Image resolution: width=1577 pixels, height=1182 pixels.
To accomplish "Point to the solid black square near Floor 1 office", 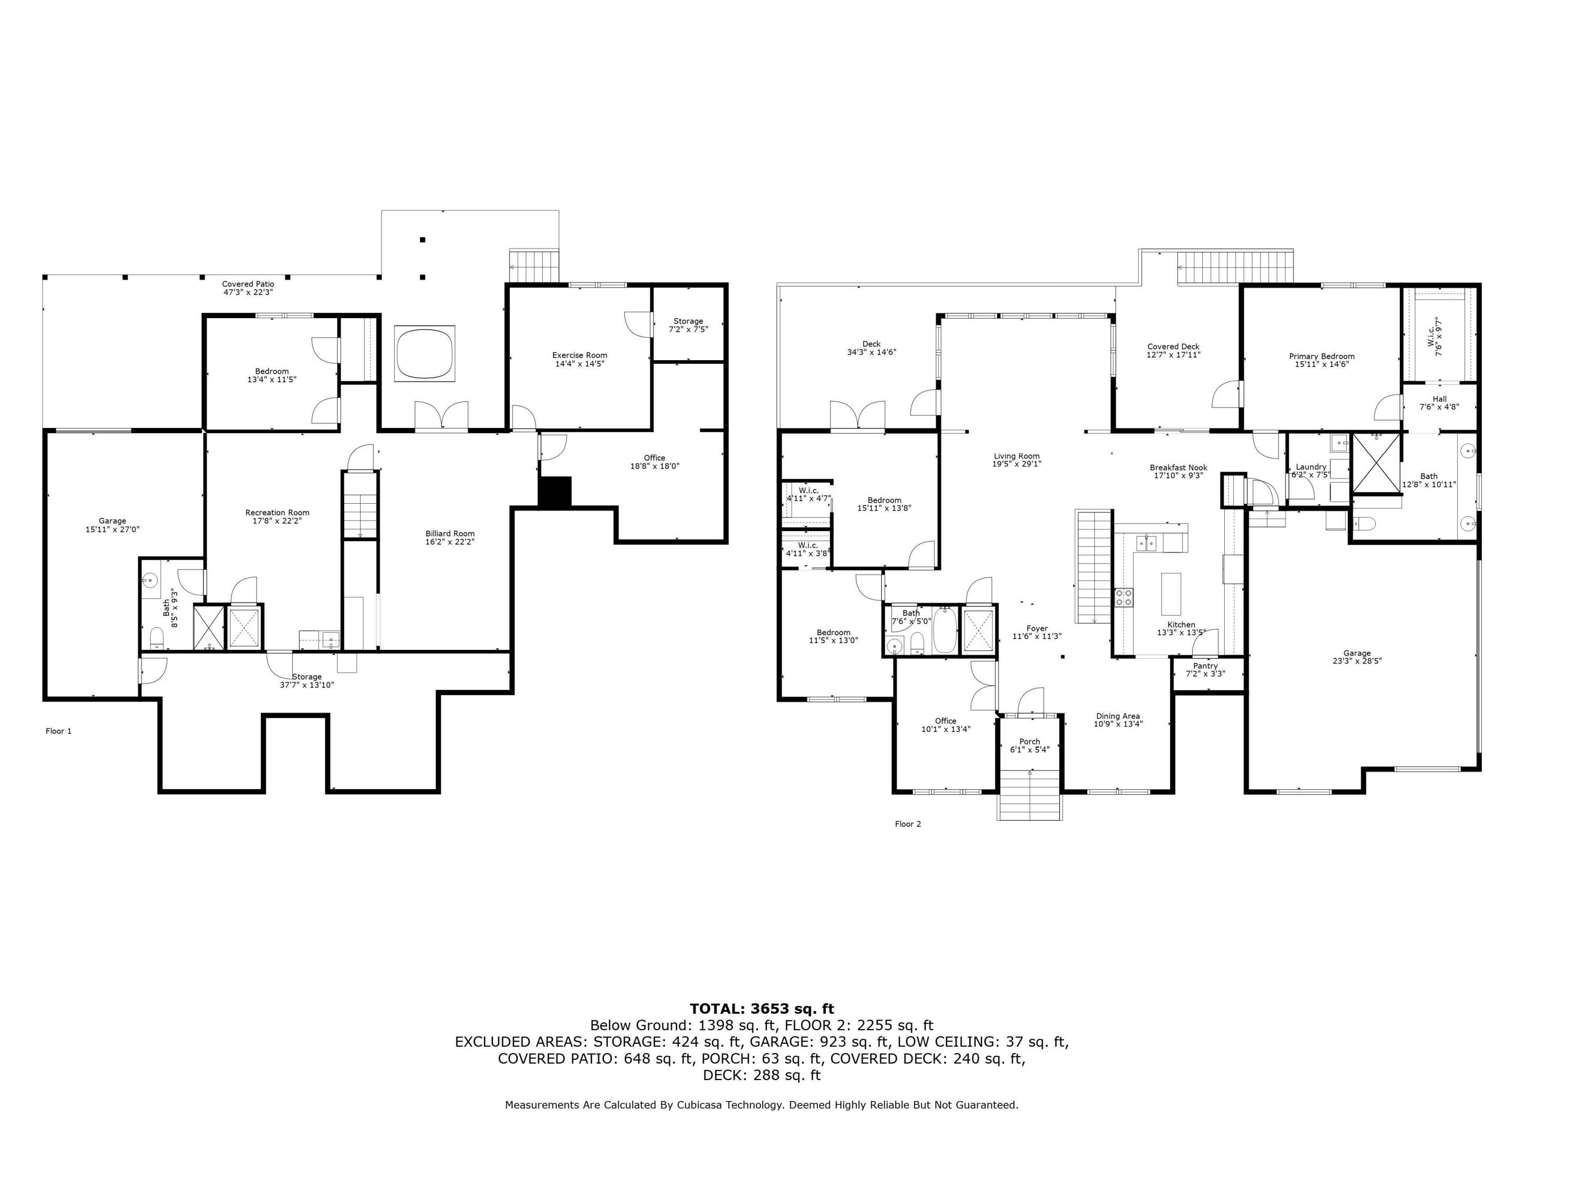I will click(554, 492).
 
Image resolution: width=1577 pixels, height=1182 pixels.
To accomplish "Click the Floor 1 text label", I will click(58, 731).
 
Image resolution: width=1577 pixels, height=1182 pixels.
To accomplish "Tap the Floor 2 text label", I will click(907, 823).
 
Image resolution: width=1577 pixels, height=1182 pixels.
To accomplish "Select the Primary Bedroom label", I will click(1321, 356).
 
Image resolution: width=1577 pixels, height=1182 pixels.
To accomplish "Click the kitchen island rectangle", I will click(1171, 594).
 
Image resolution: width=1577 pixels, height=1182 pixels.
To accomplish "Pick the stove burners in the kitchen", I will click(1123, 597).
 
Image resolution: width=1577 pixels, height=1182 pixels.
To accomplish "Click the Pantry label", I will click(1205, 666).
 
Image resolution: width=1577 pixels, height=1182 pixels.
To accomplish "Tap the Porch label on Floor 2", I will click(1029, 741).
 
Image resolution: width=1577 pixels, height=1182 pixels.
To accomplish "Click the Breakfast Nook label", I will click(1178, 467).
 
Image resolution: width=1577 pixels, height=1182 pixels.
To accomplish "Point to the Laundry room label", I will click(1310, 467).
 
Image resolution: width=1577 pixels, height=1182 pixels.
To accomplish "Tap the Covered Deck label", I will click(1173, 347).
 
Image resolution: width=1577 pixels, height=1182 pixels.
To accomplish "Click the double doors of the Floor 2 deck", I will click(857, 417).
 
